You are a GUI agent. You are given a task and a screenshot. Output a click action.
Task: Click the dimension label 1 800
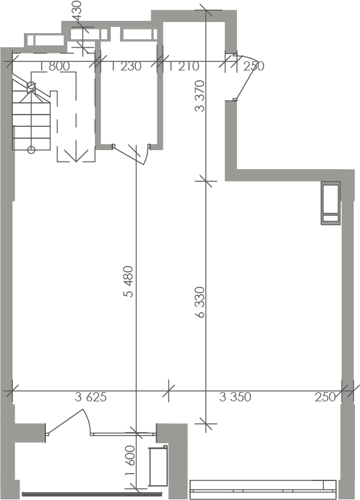pyautogui.click(x=55, y=66)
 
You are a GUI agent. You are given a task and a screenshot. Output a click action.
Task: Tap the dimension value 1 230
pyautogui.click(x=126, y=66)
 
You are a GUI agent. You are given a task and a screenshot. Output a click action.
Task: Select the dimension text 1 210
pyautogui.click(x=184, y=66)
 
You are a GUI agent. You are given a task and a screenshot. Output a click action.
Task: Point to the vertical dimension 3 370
pyautogui.click(x=200, y=96)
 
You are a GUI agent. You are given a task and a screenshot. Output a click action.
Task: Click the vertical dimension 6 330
pyautogui.click(x=200, y=302)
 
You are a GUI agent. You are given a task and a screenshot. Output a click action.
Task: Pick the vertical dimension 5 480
pyautogui.click(x=128, y=282)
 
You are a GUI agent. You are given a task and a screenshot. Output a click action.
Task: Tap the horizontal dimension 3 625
pyautogui.click(x=91, y=397)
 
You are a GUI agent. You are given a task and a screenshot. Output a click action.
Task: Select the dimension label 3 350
pyautogui.click(x=235, y=397)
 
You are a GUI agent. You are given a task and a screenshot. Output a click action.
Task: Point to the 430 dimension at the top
pyautogui.click(x=77, y=11)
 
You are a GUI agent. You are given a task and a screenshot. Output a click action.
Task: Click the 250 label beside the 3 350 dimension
pyautogui.click(x=325, y=397)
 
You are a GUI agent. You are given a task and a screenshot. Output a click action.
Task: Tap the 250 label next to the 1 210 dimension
pyautogui.click(x=254, y=66)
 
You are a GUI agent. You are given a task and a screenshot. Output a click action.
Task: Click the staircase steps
pyautogui.click(x=31, y=115)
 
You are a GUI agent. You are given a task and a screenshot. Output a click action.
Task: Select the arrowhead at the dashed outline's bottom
pyautogui.click(x=76, y=156)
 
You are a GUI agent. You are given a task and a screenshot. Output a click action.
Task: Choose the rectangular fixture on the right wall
pyautogui.click(x=331, y=203)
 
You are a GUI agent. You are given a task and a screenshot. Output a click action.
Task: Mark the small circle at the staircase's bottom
pyautogui.click(x=31, y=150)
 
